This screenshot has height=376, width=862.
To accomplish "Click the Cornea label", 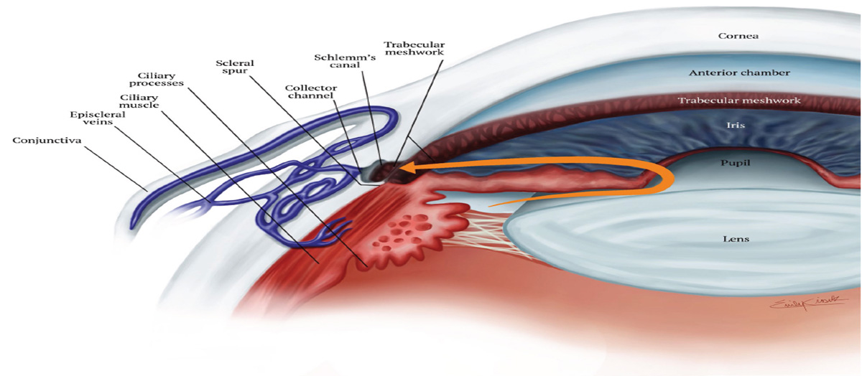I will [x=738, y=36].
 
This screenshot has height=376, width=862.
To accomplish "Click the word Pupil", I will [x=735, y=164].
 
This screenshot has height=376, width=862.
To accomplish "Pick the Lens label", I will [x=736, y=238].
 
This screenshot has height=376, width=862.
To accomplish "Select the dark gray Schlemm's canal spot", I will [x=374, y=171].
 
